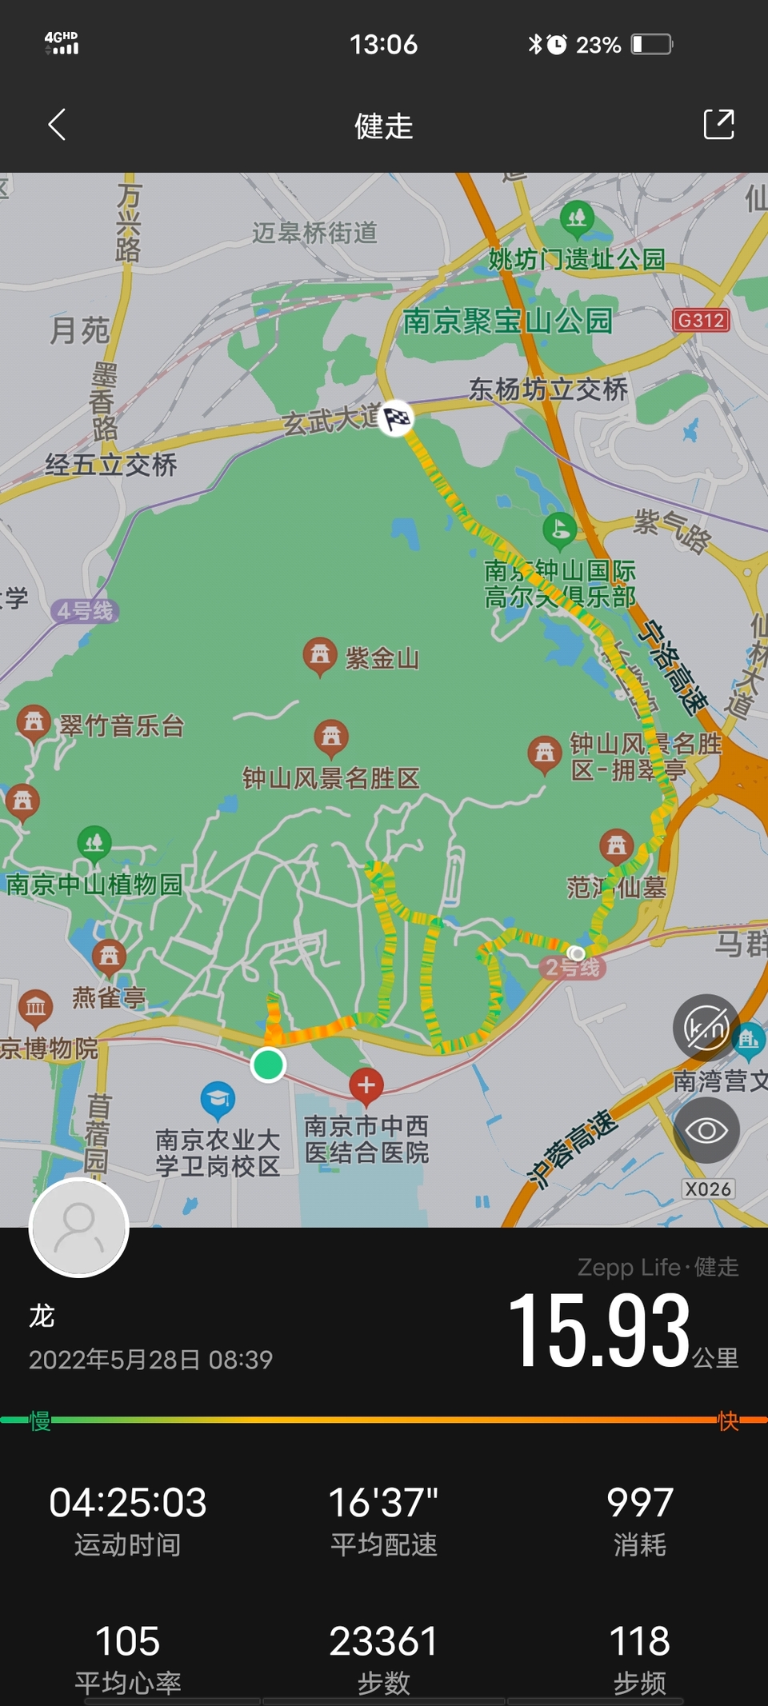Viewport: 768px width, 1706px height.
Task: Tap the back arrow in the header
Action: (x=56, y=125)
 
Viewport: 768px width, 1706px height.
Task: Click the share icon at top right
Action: (x=718, y=125)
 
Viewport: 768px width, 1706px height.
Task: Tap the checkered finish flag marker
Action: (x=397, y=417)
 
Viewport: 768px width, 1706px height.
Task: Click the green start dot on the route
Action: (x=268, y=1065)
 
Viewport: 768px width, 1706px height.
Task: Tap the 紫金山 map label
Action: (x=382, y=658)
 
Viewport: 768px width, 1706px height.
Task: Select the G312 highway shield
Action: (x=701, y=321)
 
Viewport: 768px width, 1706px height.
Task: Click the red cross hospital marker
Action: (x=366, y=1085)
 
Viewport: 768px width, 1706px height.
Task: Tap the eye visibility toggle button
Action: (x=706, y=1130)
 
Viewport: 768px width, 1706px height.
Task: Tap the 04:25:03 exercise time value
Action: (x=128, y=1502)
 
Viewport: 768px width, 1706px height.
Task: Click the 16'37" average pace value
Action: (x=383, y=1502)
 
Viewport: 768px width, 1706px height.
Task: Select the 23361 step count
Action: (x=383, y=1641)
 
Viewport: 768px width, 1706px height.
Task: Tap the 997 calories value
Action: (x=639, y=1502)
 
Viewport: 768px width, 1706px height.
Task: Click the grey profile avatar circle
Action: (x=78, y=1227)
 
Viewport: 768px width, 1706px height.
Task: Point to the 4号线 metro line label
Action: (x=85, y=611)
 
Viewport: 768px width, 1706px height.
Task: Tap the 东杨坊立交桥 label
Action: (x=548, y=390)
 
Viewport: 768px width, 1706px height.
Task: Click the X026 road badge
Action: (x=708, y=1189)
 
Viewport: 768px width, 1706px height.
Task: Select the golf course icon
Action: (x=560, y=529)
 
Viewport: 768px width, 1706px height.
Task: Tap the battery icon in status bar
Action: (x=652, y=44)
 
